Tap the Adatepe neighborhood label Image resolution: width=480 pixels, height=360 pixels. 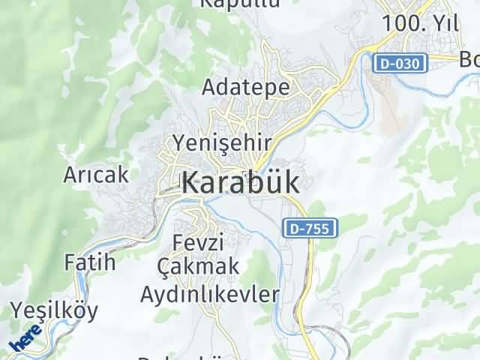point(246,88)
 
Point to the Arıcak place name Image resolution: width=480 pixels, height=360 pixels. point(96,175)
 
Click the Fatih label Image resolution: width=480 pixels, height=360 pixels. point(90,262)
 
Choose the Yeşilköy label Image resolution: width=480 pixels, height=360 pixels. point(54,310)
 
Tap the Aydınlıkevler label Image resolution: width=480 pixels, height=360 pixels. point(210,293)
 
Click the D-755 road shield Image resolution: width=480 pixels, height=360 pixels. point(310,228)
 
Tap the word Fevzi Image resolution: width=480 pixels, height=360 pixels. point(199,242)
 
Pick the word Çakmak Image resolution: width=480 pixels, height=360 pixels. point(199,265)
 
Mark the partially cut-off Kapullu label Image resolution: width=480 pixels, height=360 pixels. point(229,3)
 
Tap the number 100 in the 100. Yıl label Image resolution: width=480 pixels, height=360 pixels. point(397,23)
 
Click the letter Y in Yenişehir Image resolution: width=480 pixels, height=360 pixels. point(179,141)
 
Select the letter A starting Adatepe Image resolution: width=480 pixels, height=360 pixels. point(209,88)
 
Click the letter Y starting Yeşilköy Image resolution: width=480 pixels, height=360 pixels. point(16,309)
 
